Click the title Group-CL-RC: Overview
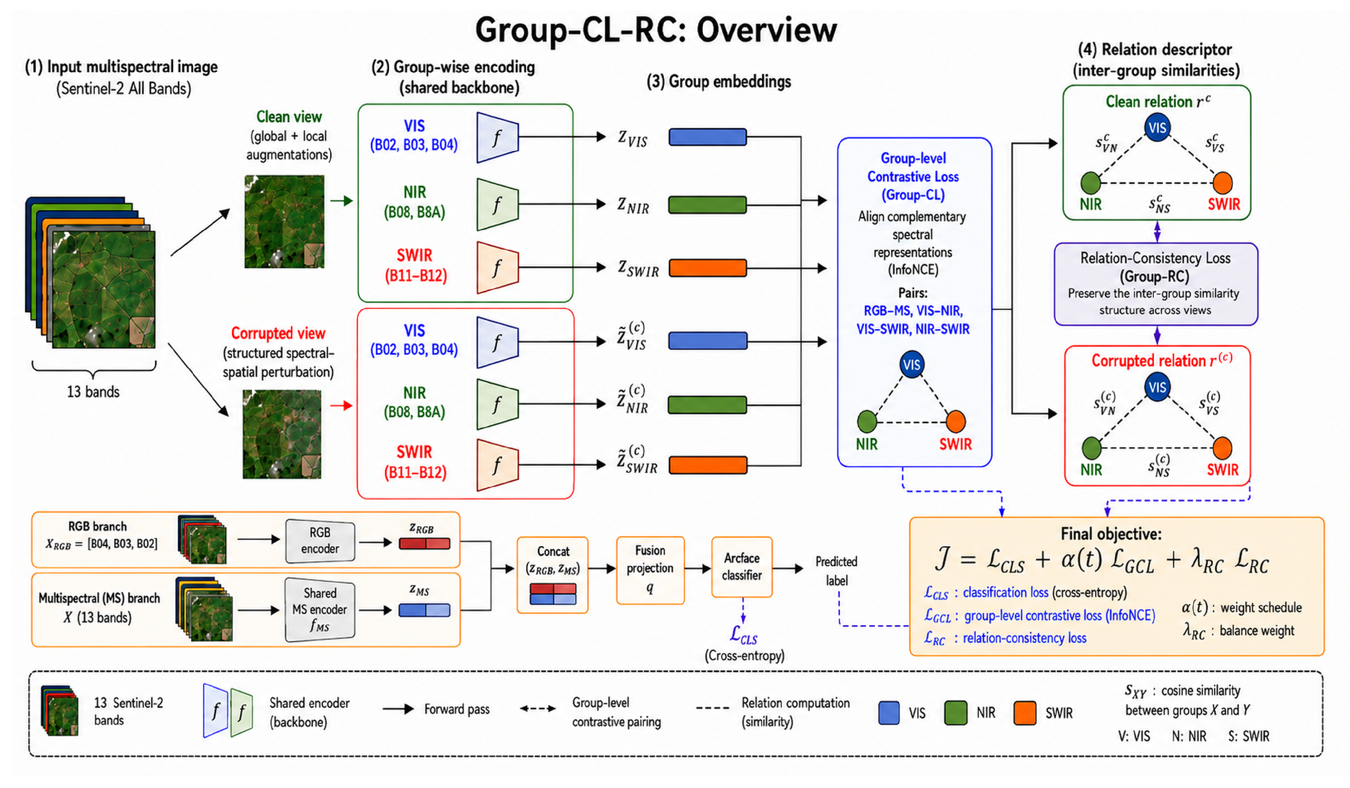coord(656,30)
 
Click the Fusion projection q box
coord(650,570)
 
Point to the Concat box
coord(552,575)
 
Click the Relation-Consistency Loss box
coord(1155,284)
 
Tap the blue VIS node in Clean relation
coord(1157,128)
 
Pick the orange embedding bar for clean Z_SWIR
coord(708,268)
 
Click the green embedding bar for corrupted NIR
coord(708,405)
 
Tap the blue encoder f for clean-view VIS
coord(498,137)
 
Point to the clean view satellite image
coord(284,222)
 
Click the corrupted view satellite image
coord(282,434)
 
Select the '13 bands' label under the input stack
coord(93,392)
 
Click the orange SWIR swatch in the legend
coord(1025,713)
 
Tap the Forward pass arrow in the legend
coord(399,709)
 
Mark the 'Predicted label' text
coord(836,571)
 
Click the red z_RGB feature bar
coord(424,543)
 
